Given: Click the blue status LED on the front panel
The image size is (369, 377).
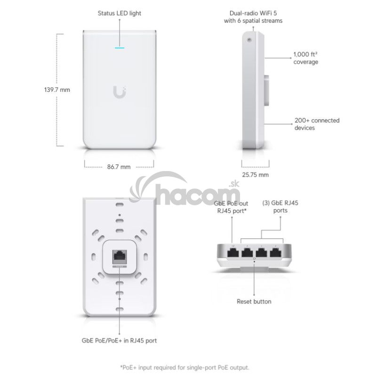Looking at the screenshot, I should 119,48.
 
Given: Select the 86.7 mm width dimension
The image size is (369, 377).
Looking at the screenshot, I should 119,167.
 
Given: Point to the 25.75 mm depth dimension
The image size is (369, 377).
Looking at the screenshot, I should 256,175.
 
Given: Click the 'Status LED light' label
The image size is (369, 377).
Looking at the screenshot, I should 119,13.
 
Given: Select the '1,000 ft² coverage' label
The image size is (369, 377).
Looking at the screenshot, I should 306,58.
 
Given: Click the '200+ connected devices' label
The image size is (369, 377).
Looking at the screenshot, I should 317,124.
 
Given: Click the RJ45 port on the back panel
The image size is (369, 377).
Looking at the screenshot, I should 119,258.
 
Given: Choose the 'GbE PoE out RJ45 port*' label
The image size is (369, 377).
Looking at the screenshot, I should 231,207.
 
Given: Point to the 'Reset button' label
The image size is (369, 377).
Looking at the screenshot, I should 254,302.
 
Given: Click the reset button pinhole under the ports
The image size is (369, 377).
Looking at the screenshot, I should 254,259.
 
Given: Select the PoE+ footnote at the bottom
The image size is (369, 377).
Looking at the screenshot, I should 184,367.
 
